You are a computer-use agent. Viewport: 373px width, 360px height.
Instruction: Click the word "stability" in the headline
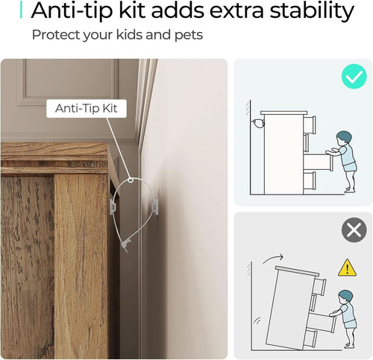pos(312,11)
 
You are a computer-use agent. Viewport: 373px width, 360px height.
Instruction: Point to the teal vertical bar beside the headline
pos(21,10)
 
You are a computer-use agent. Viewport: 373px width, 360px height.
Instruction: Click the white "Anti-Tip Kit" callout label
pos(87,108)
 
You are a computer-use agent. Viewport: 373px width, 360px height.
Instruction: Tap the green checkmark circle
pos(354,76)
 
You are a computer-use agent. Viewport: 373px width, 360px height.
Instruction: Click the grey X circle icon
pos(354,230)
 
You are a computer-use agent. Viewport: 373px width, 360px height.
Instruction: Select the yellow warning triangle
pos(347,268)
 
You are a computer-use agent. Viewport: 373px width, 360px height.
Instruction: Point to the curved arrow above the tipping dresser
pos(272,258)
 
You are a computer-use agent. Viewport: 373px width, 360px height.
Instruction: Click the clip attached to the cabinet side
pos(113,206)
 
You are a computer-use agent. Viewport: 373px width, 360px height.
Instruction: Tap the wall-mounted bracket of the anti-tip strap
pos(154,206)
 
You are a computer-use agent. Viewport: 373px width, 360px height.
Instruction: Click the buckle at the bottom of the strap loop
pos(125,244)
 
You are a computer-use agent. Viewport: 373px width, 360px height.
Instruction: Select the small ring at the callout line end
pos(131,180)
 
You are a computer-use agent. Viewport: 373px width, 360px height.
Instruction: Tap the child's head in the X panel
pos(346,298)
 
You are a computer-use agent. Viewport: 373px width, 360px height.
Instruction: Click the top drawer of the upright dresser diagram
pos(310,124)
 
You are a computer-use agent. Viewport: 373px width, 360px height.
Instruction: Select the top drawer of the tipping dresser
pos(319,286)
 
